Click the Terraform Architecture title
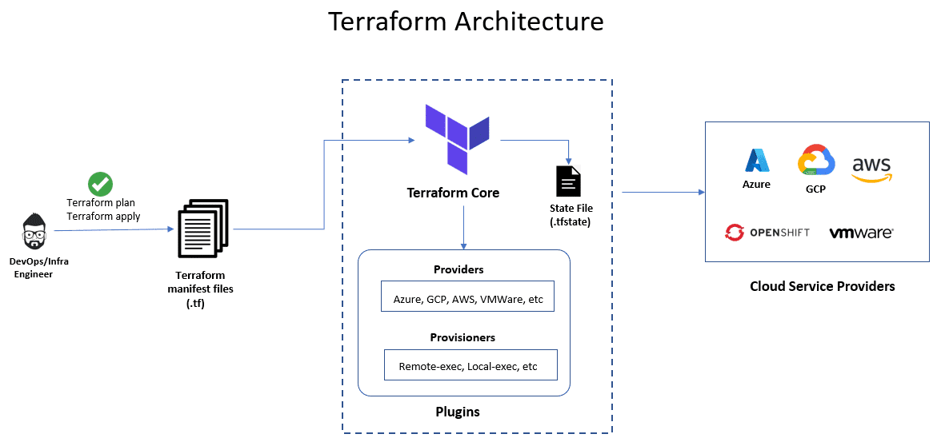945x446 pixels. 466,22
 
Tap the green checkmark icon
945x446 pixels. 100,184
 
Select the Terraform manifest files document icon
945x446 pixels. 202,229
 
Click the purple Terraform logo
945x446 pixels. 457,138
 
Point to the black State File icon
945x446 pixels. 568,181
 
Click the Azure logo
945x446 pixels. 757,161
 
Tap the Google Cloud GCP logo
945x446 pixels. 815,161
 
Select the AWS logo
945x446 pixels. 871,168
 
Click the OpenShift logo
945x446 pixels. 767,233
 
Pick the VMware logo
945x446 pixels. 861,233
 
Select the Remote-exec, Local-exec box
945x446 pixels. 470,367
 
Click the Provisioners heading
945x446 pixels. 462,337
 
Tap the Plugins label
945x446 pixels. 457,412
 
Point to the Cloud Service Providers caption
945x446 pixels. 822,286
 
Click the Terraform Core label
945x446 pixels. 453,193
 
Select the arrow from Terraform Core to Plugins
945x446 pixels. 464,227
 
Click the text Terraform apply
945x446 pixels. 103,216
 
